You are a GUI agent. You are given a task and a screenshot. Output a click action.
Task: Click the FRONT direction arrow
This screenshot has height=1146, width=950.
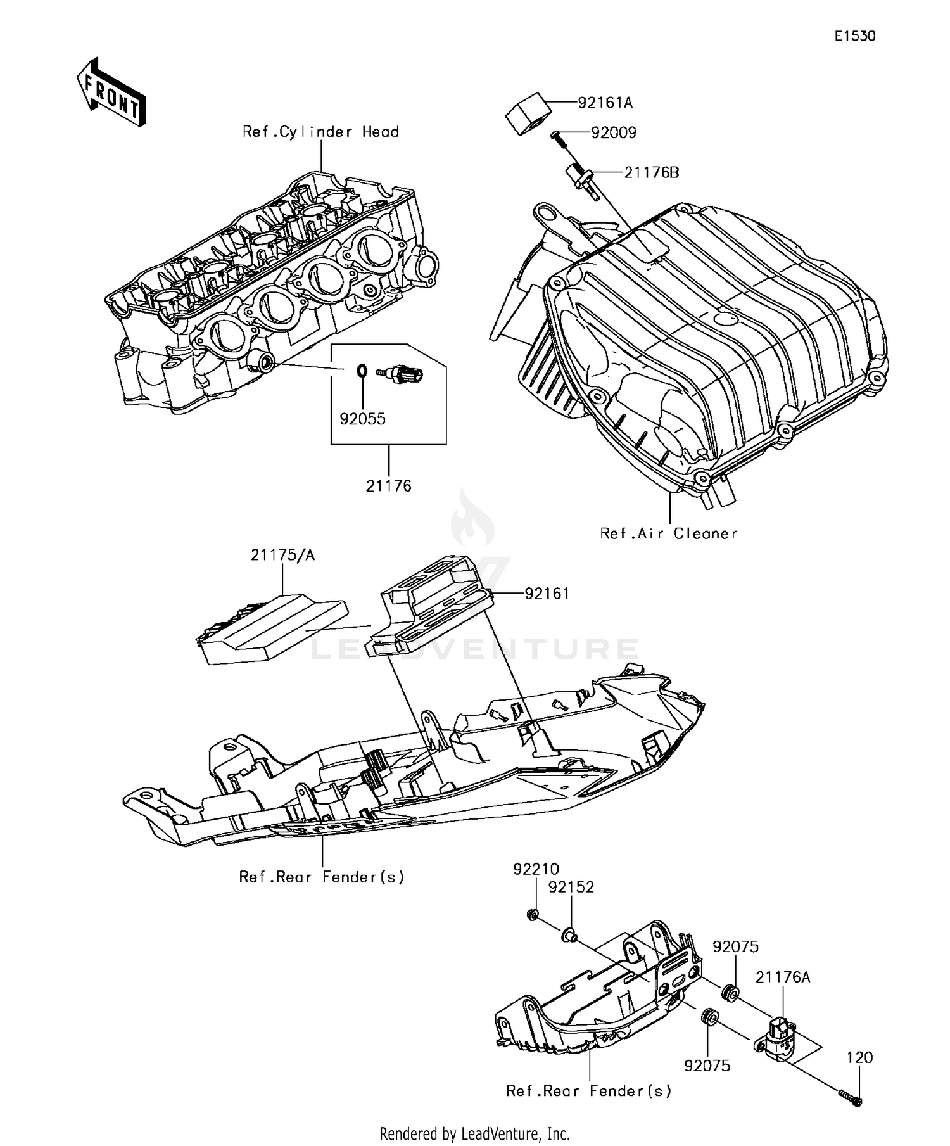pyautogui.click(x=111, y=92)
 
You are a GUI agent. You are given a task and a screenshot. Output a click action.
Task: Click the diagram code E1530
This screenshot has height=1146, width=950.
pyautogui.click(x=854, y=36)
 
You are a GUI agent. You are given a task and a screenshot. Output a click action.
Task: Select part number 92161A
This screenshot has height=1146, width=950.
pyautogui.click(x=605, y=102)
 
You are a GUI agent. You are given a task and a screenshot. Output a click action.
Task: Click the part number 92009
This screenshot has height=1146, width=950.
pyautogui.click(x=613, y=133)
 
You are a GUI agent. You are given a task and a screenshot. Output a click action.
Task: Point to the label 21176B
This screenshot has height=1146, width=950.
pyautogui.click(x=651, y=172)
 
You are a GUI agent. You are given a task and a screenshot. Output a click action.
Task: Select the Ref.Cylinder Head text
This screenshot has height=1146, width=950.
pyautogui.click(x=320, y=132)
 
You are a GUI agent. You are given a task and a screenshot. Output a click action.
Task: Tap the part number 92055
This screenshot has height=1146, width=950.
pyautogui.click(x=362, y=419)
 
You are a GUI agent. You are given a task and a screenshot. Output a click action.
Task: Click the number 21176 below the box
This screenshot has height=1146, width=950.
pyautogui.click(x=388, y=486)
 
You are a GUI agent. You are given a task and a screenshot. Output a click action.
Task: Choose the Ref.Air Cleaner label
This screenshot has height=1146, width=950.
pyautogui.click(x=669, y=533)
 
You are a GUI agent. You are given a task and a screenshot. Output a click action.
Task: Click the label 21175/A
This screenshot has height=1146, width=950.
pyautogui.click(x=282, y=556)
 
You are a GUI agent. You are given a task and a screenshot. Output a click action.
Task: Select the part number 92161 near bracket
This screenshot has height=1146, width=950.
pyautogui.click(x=547, y=594)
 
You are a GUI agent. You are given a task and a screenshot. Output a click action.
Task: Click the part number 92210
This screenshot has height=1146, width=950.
pyautogui.click(x=536, y=869)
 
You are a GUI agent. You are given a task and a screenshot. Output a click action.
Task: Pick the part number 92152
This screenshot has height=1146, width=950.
pyautogui.click(x=571, y=888)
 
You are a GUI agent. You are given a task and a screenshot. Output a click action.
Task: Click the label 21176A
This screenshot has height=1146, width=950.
pyautogui.click(x=783, y=977)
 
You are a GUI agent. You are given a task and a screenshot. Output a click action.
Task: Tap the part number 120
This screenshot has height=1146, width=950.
pyautogui.click(x=859, y=1057)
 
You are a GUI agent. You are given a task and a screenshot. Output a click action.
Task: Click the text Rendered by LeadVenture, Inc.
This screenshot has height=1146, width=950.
pyautogui.click(x=474, y=1133)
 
